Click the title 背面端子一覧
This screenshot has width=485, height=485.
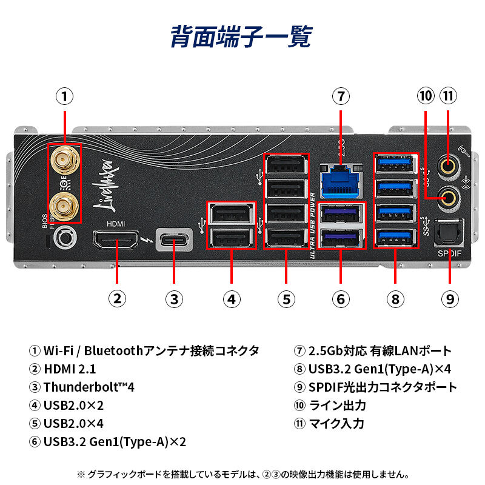[x=241, y=36]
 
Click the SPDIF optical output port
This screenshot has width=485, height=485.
[x=449, y=234]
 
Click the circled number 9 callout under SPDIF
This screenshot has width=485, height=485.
[x=449, y=298]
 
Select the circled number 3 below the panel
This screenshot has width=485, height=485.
[x=174, y=298]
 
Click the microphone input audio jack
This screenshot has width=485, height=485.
[x=448, y=164]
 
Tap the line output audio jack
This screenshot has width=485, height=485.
[x=448, y=195]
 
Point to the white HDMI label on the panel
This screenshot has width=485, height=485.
[x=115, y=223]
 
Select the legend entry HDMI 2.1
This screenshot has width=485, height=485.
[x=70, y=369]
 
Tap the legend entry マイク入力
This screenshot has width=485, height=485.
[x=337, y=423]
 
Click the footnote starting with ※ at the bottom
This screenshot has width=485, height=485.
[x=242, y=473]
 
